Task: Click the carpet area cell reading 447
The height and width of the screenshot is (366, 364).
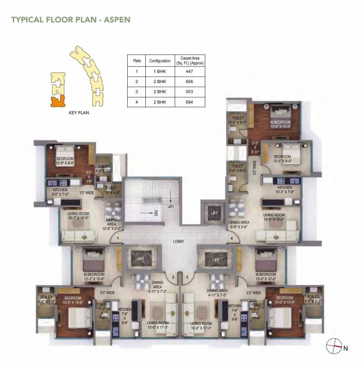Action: click(x=183, y=71)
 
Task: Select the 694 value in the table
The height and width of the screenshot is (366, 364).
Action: click(x=183, y=102)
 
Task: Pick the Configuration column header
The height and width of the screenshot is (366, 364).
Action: click(x=160, y=61)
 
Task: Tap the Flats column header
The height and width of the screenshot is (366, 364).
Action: click(x=137, y=61)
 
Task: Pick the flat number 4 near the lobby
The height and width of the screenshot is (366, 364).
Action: click(x=232, y=238)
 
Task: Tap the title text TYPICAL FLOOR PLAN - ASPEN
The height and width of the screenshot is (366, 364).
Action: click(x=71, y=20)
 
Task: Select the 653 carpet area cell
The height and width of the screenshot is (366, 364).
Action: click(x=183, y=91)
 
